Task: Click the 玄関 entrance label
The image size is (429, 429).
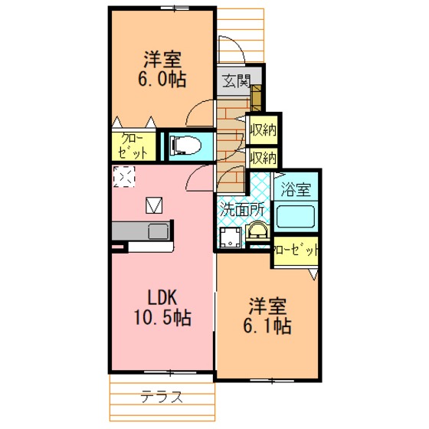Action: point(236,81)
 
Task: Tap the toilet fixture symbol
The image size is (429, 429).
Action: point(185,145)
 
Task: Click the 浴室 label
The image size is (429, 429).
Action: point(296,189)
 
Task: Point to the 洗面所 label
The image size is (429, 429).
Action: point(242,210)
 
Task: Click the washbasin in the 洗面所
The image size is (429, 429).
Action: point(258,231)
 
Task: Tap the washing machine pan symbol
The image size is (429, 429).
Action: point(231,237)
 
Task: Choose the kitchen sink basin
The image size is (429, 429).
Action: point(159,231)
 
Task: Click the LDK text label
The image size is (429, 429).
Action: point(162,298)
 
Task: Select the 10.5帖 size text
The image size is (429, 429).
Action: point(162,318)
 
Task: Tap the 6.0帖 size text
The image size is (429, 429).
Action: point(162,80)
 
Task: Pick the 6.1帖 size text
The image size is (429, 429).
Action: point(267,326)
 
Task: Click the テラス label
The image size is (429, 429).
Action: point(162,397)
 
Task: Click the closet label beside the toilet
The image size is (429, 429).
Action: point(133,146)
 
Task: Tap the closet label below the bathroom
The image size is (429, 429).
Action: point(296,251)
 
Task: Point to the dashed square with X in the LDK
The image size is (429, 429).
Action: point(124,177)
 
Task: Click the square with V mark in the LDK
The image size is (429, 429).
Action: point(154,205)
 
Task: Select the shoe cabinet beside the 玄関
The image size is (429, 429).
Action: point(256,98)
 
